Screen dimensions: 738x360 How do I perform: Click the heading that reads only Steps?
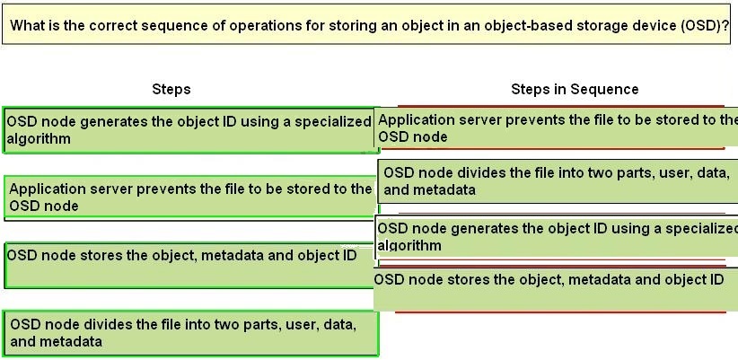[171, 89]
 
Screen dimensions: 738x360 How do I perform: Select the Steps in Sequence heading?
[575, 89]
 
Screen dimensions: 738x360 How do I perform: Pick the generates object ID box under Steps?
[190, 130]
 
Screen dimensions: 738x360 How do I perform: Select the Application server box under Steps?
[190, 198]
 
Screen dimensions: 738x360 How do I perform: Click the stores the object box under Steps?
[189, 265]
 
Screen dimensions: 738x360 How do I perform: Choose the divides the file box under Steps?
[192, 333]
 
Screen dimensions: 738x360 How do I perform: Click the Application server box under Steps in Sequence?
[557, 127]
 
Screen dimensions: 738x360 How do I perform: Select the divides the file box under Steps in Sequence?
[558, 181]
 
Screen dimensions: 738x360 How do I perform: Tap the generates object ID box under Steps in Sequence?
[557, 238]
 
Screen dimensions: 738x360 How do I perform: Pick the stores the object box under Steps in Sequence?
[556, 289]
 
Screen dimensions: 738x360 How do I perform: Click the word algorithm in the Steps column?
[39, 139]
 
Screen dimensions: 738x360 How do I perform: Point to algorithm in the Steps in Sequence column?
[409, 245]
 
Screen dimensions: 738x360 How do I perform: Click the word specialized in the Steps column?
[333, 122]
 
